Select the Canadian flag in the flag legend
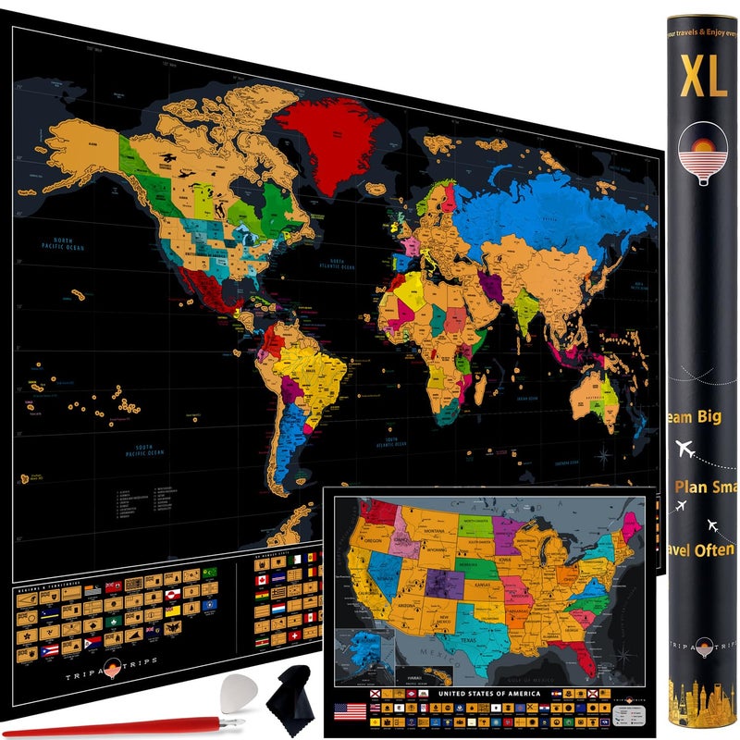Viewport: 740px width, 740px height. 262,580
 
